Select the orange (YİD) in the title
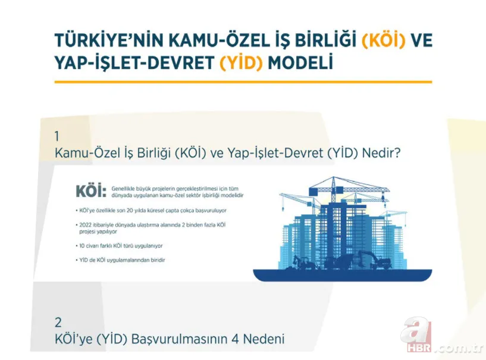(x=241, y=62)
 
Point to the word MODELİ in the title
(x=300, y=62)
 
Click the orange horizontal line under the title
(x=243, y=82)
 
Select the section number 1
(x=57, y=135)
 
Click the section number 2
(x=58, y=322)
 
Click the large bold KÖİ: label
(x=90, y=192)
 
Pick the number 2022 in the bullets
(x=87, y=224)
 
